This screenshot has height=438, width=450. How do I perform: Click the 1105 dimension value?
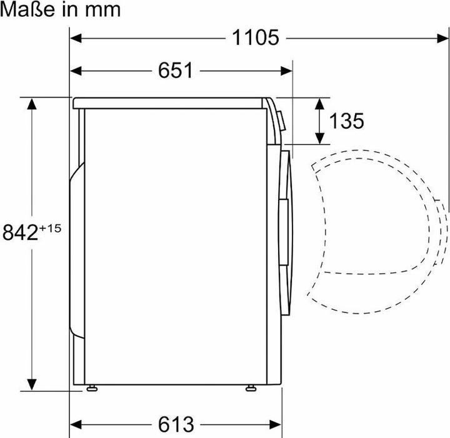[255, 37]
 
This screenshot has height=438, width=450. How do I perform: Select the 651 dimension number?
[176, 70]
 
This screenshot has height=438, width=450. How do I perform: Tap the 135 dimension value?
[346, 121]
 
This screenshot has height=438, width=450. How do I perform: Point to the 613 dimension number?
[176, 424]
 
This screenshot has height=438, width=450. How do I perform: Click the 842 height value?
[20, 232]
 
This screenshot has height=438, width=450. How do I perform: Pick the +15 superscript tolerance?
[50, 228]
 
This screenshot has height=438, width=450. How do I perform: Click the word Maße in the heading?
[27, 9]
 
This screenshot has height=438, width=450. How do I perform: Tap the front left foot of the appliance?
[92, 389]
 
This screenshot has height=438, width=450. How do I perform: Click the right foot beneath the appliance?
[251, 389]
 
